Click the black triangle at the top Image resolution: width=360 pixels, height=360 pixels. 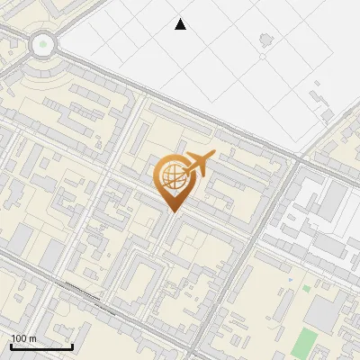181,24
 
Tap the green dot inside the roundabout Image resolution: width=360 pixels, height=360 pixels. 41,43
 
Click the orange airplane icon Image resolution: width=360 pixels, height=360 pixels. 199,164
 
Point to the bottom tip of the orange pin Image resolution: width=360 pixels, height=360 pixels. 172,211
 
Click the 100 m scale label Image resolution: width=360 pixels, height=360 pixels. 23,338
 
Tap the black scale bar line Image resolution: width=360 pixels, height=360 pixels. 41,346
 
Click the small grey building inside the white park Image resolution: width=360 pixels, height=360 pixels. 265,40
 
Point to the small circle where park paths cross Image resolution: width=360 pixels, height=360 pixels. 262,57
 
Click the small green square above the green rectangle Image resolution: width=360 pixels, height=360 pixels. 306,289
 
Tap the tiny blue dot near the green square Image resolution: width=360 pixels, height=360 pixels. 291,281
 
